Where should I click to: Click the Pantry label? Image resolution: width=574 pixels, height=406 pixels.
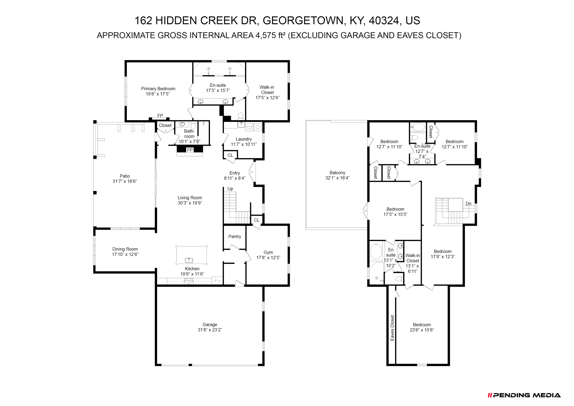pos(235,236)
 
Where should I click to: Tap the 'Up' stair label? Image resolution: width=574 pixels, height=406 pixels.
pos(230,189)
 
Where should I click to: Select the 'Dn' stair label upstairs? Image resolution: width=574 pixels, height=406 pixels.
pos(468,204)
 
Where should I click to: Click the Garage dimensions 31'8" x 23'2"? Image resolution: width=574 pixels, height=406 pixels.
pos(210,330)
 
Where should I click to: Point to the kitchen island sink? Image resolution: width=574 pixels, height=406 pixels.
pos(189,260)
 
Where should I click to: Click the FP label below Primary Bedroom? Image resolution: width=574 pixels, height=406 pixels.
pos(160,115)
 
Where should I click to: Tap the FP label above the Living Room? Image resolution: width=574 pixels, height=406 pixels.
pos(190,150)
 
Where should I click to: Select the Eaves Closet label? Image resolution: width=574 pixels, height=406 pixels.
pos(392,328)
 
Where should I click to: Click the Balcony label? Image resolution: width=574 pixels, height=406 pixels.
pos(337,173)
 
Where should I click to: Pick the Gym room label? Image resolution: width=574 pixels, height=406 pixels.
pos(268,252)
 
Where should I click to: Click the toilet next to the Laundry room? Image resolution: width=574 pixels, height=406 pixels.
pos(241,116)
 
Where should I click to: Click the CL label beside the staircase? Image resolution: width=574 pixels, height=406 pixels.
pos(257,220)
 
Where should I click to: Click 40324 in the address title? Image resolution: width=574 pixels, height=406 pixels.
pos(384,20)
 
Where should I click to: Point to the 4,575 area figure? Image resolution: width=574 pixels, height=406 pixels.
pos(266,35)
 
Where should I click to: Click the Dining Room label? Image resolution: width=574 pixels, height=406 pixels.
pos(125,249)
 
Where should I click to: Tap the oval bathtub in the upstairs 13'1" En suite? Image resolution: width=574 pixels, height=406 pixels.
pos(376,251)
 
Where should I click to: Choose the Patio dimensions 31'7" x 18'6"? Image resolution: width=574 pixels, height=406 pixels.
pos(125,181)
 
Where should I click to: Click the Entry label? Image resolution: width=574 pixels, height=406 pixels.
pos(235,173)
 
